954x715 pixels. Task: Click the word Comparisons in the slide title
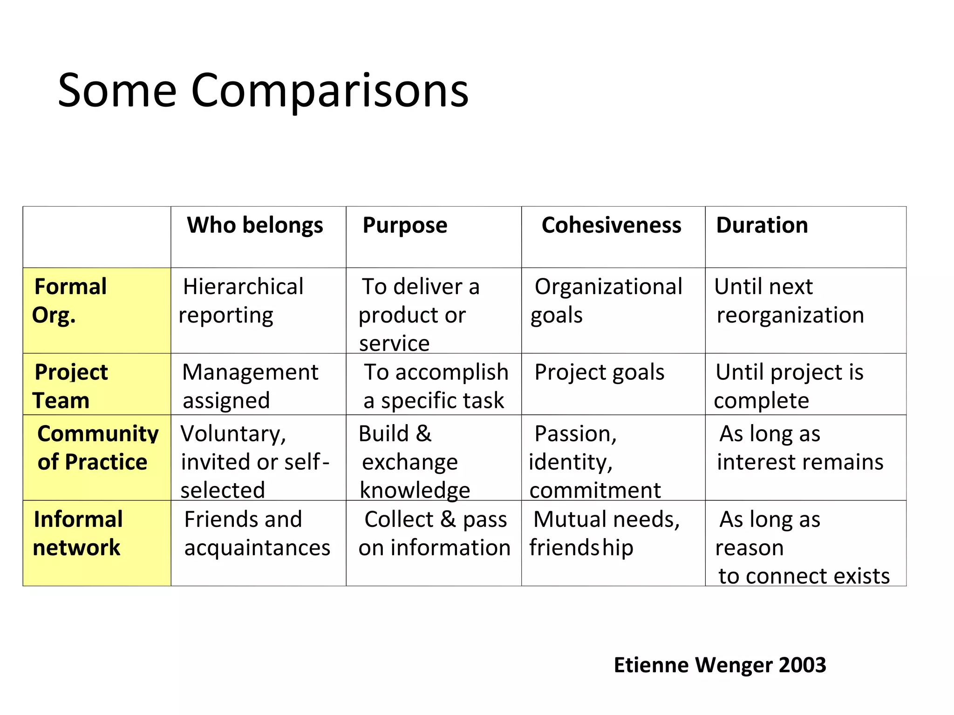click(329, 91)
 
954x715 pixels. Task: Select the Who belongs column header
click(255, 225)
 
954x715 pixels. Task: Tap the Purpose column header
click(405, 225)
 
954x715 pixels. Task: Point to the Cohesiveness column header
click(611, 225)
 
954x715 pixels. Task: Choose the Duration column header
click(762, 225)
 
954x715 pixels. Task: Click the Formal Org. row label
click(70, 301)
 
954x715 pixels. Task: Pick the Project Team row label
click(71, 386)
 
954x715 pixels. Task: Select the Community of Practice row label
click(97, 448)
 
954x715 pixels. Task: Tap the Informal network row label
click(78, 533)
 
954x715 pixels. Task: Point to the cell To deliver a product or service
click(419, 315)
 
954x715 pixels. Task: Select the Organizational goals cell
click(607, 301)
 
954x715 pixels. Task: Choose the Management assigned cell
click(250, 386)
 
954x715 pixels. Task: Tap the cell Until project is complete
click(789, 386)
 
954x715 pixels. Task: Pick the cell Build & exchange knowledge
click(414, 462)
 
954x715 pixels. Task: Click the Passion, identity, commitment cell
click(594, 462)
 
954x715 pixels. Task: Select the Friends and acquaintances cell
click(257, 533)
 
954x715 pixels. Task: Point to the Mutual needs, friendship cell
click(605, 533)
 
